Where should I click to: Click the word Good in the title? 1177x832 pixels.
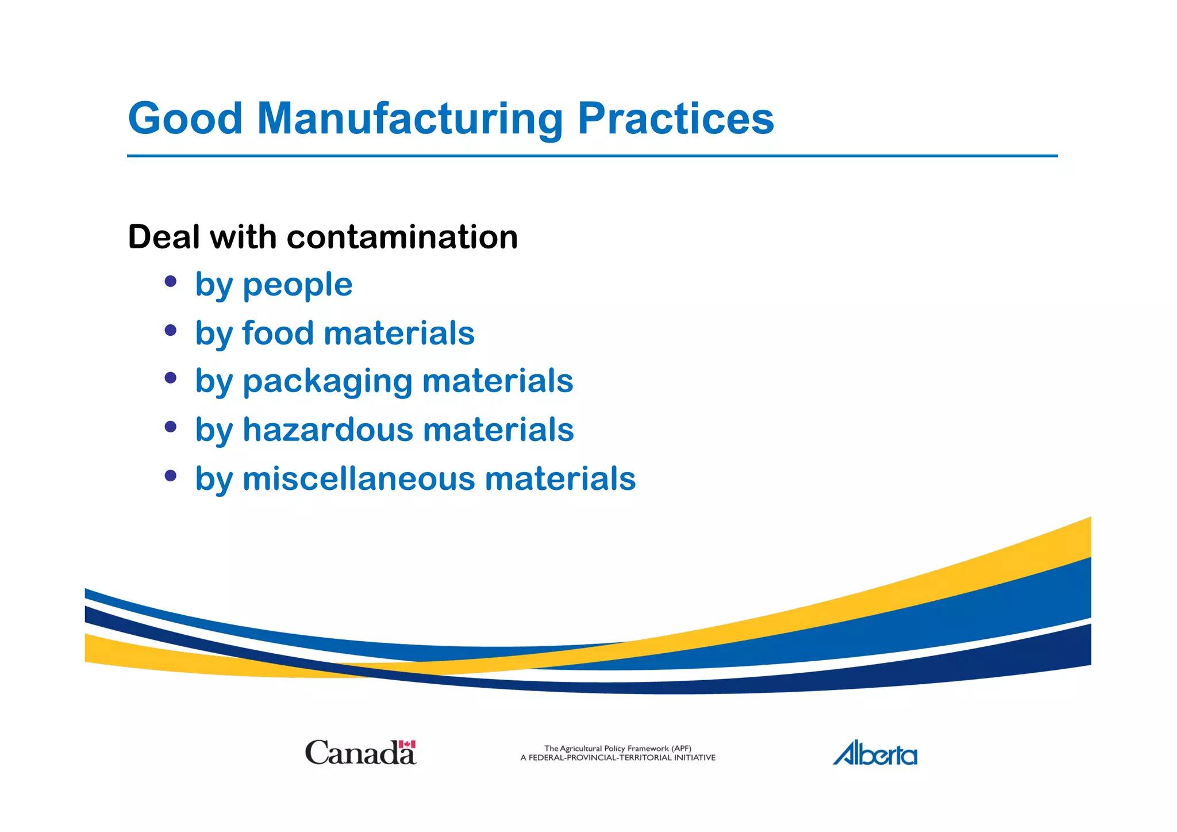click(185, 118)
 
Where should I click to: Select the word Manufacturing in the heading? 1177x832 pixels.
click(410, 118)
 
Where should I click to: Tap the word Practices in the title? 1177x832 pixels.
click(675, 118)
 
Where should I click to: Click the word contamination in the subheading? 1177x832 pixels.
click(402, 237)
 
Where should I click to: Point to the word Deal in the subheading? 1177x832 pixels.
click(163, 237)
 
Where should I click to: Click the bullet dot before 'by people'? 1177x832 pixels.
click(170, 281)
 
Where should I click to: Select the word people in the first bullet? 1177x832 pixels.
click(297, 285)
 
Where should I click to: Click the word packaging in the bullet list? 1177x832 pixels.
click(328, 382)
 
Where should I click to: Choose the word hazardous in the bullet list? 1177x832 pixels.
click(328, 430)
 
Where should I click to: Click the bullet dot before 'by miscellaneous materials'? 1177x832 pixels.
click(170, 476)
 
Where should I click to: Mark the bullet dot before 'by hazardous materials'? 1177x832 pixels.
click(170, 427)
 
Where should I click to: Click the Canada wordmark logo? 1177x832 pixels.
click(360, 753)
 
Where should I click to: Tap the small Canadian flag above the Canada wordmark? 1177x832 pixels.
click(407, 744)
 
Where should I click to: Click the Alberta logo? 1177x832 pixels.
click(875, 753)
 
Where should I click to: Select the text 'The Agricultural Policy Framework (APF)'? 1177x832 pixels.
click(617, 748)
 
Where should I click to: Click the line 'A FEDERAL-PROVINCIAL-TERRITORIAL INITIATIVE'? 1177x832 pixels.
click(618, 758)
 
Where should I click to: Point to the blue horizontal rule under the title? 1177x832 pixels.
click(592, 155)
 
